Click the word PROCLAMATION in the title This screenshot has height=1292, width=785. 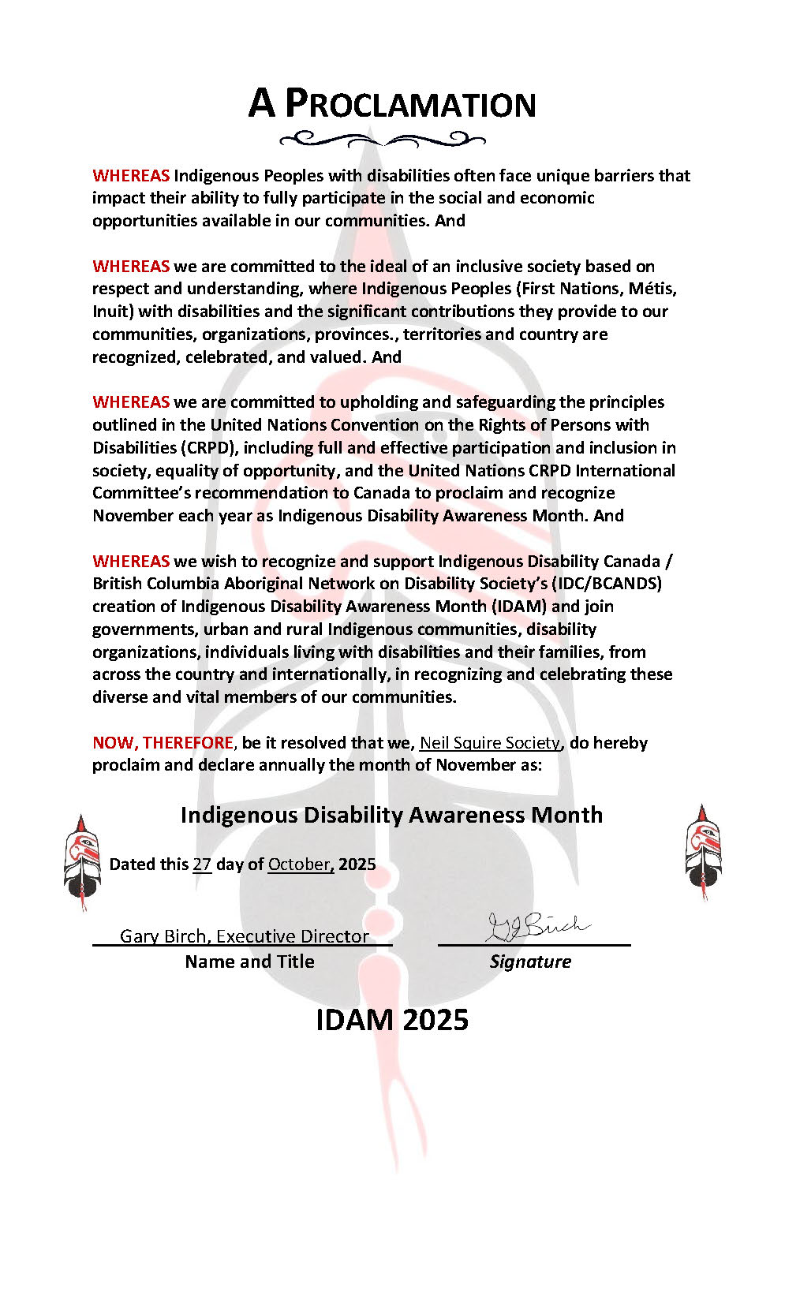[x=410, y=104]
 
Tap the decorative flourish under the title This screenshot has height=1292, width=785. [x=383, y=140]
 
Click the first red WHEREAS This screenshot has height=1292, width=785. [x=131, y=175]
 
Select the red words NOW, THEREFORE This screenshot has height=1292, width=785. [x=163, y=742]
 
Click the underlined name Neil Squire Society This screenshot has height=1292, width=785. [x=489, y=742]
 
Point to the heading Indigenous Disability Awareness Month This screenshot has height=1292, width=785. [x=391, y=815]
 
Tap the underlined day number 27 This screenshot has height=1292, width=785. [x=202, y=864]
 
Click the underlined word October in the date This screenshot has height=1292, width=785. [x=300, y=864]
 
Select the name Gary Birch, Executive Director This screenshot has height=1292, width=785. [x=245, y=936]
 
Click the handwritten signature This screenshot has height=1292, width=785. [x=536, y=927]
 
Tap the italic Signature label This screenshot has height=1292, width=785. [x=530, y=962]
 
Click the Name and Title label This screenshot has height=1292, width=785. [x=249, y=962]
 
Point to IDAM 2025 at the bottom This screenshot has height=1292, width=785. [x=392, y=1020]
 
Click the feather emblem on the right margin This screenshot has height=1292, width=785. [x=702, y=851]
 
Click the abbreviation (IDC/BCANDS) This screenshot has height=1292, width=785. [x=604, y=583]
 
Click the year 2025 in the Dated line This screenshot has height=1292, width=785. [x=357, y=864]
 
